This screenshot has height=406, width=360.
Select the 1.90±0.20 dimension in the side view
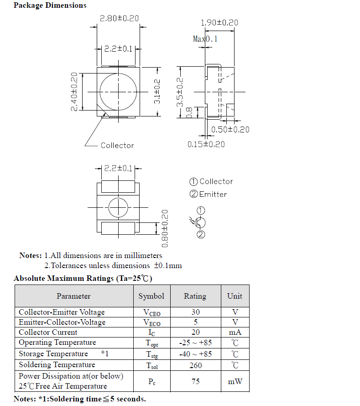coord(219,22)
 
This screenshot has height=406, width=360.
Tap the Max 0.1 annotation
coord(205,39)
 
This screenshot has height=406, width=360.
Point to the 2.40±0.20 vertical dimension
coord(74,91)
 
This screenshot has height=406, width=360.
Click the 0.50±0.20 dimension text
coord(230,130)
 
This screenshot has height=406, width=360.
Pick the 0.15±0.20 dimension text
coord(206,144)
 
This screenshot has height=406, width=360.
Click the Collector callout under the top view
coord(117,145)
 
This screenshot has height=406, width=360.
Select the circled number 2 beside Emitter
coord(194,194)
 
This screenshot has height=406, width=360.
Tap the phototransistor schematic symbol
coord(200,223)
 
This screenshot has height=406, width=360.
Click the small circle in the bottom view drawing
coord(118,208)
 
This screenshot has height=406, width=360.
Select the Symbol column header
coord(151,296)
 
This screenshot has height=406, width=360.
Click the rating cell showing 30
coord(195,312)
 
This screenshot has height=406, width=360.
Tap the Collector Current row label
coord(48,332)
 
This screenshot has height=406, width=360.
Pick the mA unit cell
coord(235,332)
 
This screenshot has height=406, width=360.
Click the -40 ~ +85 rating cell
coord(195,354)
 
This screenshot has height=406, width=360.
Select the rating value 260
coord(195,365)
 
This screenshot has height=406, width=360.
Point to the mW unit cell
coord(235,381)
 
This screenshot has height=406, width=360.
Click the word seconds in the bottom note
coord(130,399)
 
